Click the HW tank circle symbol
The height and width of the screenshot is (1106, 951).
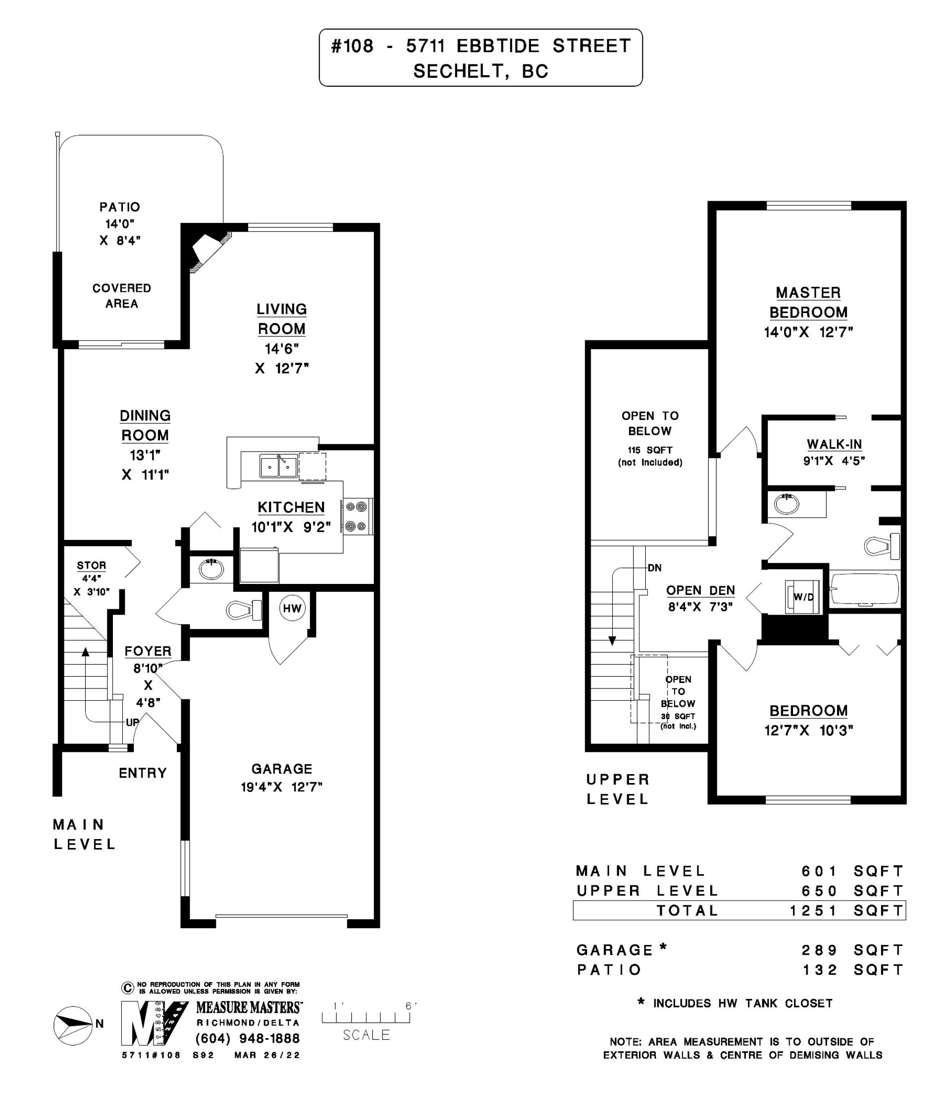click(292, 609)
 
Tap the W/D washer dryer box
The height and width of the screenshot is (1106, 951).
click(802, 596)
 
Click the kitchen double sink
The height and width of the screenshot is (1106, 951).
click(278, 466)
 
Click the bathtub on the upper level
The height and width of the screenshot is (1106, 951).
click(864, 589)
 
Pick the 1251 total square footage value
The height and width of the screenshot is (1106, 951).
click(813, 911)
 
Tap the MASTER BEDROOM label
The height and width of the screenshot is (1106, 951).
click(808, 302)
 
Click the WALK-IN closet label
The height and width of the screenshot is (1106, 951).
click(834, 444)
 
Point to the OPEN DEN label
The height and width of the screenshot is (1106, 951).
click(700, 590)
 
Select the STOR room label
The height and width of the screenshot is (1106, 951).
click(91, 565)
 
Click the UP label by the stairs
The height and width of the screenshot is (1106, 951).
click(132, 722)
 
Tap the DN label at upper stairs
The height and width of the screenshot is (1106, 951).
click(654, 568)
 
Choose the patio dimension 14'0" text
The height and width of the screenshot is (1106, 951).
click(119, 224)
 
